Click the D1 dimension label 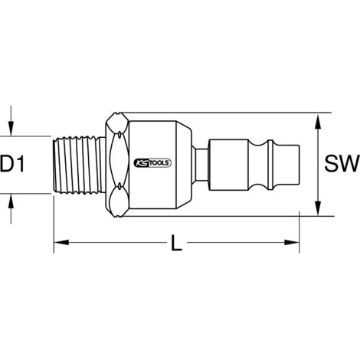point(12,165)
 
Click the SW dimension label point(342,164)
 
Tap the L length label point(176,243)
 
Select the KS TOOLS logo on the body point(152,163)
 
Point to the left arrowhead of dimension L point(61,242)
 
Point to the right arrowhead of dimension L point(292,242)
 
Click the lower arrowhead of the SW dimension point(318,208)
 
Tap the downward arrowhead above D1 point(11,129)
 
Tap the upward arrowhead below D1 point(11,201)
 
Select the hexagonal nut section point(117,165)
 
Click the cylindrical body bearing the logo point(152,165)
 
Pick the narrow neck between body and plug point(200,165)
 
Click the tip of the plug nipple point(299,165)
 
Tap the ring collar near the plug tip point(271,165)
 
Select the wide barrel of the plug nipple point(228,165)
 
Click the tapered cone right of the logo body point(184,165)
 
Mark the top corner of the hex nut point(117,113)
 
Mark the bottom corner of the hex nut point(117,217)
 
